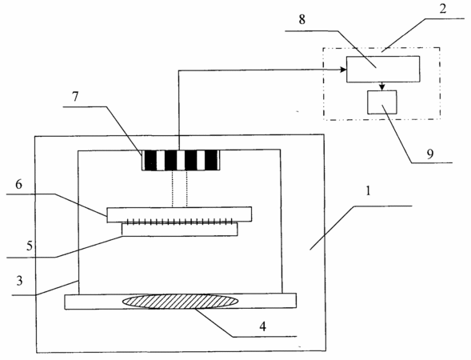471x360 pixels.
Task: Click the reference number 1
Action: pyautogui.click(x=369, y=191)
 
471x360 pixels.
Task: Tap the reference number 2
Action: pyautogui.click(x=442, y=9)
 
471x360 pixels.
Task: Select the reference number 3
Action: pyautogui.click(x=19, y=281)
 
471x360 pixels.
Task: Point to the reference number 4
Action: pyautogui.click(x=263, y=326)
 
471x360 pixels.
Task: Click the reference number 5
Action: pyautogui.click(x=29, y=246)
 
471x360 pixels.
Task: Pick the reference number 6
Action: pyautogui.click(x=18, y=184)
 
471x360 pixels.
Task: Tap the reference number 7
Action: pyautogui.click(x=75, y=97)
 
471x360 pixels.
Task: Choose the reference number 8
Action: pyautogui.click(x=302, y=19)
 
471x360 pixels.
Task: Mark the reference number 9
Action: pyautogui.click(x=430, y=154)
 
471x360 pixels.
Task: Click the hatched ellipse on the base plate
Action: pyautogui.click(x=181, y=302)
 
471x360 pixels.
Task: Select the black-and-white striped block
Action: pyautogui.click(x=181, y=160)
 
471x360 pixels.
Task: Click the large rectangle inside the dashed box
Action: pyautogui.click(x=383, y=69)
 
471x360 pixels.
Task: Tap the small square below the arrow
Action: pyautogui.click(x=381, y=102)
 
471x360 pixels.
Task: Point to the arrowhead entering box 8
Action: pyautogui.click(x=343, y=70)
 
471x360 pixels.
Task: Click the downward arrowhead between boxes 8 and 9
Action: pyautogui.click(x=381, y=87)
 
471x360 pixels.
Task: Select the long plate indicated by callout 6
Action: pyautogui.click(x=179, y=214)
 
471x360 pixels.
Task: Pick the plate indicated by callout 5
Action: pyautogui.click(x=180, y=230)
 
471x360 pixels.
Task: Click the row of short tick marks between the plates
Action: pyautogui.click(x=180, y=222)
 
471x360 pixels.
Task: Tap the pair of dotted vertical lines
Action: pyautogui.click(x=180, y=189)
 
